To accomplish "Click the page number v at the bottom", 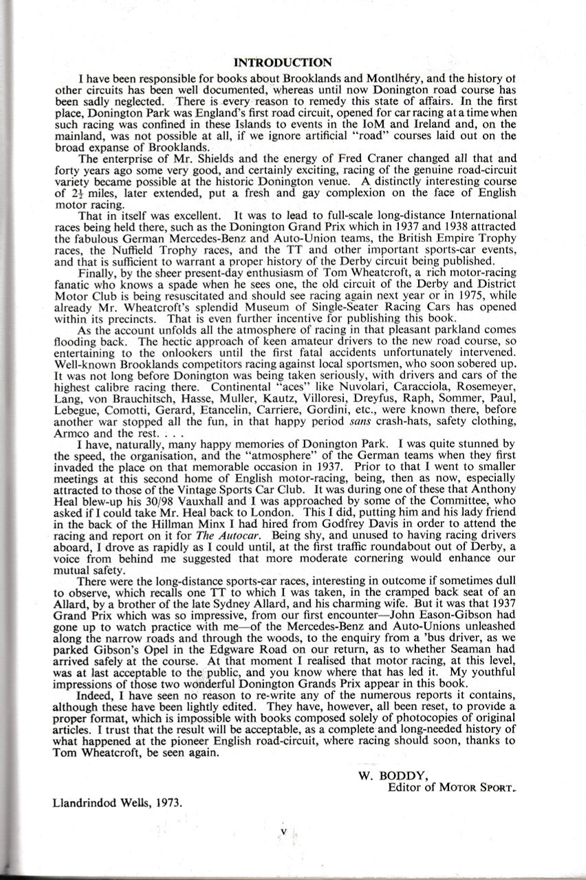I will coord(283,830).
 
